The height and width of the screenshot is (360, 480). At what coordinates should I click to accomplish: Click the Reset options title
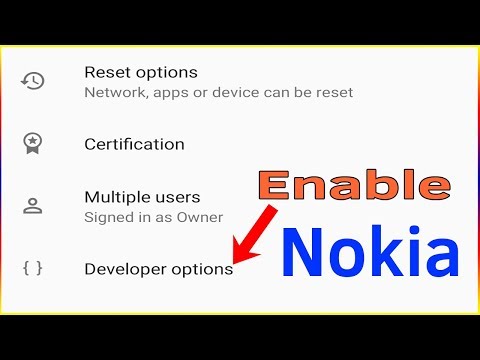click(140, 72)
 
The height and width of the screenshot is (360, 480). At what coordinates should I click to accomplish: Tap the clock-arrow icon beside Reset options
click(33, 81)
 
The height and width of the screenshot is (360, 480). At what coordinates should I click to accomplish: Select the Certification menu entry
click(134, 144)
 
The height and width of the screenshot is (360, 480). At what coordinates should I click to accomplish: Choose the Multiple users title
click(142, 197)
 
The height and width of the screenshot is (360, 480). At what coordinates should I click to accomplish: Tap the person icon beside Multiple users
click(33, 206)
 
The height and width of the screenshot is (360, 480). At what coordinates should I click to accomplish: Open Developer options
click(158, 269)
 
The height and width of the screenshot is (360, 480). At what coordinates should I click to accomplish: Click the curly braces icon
click(33, 268)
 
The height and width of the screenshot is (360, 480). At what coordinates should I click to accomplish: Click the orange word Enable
click(353, 186)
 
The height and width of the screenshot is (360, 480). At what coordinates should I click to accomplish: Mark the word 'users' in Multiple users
click(177, 197)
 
